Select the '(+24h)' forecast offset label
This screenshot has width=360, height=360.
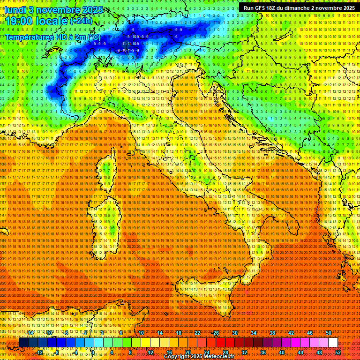pyautogui.click(x=82, y=21)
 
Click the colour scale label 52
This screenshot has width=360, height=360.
pyautogui.click(x=338, y=352)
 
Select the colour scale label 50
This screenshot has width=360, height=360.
pyautogui.click(x=329, y=333)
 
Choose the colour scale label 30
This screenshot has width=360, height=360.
pyautogui.click(x=235, y=333)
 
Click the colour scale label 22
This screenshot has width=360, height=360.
pyautogui.click(x=197, y=333)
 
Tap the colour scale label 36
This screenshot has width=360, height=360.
pyautogui.click(x=263, y=352)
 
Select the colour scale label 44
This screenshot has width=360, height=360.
pyautogui.click(x=300, y=352)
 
